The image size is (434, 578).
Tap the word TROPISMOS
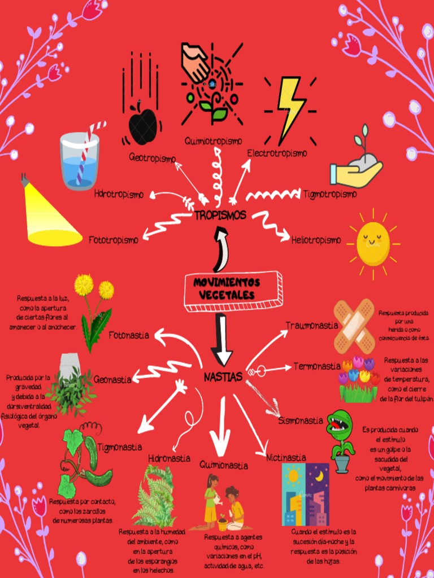pyautogui.click(x=220, y=215)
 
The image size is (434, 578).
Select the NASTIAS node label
pyautogui.click(x=223, y=376)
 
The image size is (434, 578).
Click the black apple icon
pyautogui.click(x=142, y=124)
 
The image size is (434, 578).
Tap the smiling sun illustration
pyautogui.click(x=373, y=243)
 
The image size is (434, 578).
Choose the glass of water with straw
pyautogui.click(x=80, y=160)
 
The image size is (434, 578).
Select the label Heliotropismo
pyautogui.click(x=316, y=240)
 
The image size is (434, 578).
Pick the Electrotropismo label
pyautogui.click(x=277, y=153)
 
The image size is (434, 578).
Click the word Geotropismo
pyautogui.click(x=152, y=159)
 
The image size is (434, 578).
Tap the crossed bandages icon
pyautogui.click(x=354, y=326)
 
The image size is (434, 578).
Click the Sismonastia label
pyautogui.click(x=301, y=421)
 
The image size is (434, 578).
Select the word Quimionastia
pyautogui.click(x=224, y=466)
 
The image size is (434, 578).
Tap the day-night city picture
pyautogui.click(x=305, y=494)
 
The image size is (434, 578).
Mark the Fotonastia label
pyautogui.click(x=129, y=335)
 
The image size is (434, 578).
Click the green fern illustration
pyautogui.click(x=154, y=497)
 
